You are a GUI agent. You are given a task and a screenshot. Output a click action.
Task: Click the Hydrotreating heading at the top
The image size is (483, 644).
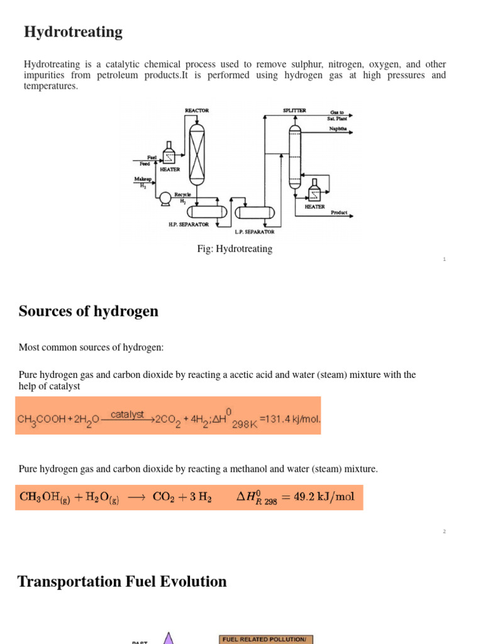click(73, 32)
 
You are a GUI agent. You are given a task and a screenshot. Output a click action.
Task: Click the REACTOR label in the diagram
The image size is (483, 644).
click(197, 111)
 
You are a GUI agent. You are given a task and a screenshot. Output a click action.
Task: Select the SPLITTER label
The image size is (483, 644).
click(294, 111)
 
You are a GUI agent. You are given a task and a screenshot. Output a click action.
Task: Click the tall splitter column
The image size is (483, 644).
click(295, 156)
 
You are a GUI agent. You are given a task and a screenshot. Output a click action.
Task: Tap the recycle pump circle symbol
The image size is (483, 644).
click(165, 198)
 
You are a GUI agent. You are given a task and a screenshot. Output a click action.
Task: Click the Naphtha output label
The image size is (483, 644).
click(338, 129)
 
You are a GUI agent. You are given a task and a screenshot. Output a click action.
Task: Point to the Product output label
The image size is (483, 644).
click(339, 213)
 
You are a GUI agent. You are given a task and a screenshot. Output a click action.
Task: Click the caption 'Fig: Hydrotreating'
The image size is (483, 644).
click(235, 249)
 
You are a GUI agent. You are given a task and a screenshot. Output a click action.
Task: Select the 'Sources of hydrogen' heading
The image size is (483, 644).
click(89, 311)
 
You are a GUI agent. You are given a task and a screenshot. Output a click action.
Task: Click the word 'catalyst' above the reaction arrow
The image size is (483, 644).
click(128, 414)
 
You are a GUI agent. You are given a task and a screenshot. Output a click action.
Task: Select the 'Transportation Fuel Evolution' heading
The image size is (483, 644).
click(122, 582)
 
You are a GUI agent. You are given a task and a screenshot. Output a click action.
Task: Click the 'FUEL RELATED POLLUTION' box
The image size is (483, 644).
click(265, 639)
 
